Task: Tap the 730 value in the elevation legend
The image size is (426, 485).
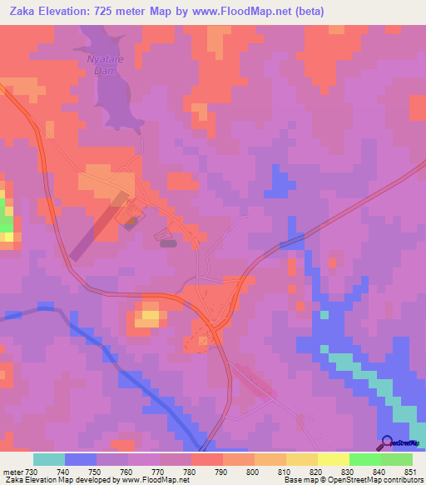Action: (x=32, y=471)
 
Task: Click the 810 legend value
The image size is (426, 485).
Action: (x=286, y=471)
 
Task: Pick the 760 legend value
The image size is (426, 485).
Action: (x=128, y=471)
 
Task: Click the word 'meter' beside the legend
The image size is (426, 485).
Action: (x=12, y=471)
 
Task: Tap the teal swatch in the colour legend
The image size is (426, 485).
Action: (x=49, y=459)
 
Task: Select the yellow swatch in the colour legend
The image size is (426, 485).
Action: (x=333, y=459)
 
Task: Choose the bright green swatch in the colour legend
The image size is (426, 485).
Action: (x=364, y=459)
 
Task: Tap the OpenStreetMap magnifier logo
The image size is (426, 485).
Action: (x=387, y=442)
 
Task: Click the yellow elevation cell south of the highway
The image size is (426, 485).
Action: (x=150, y=314)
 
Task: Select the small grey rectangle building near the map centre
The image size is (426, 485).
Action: (x=167, y=243)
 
